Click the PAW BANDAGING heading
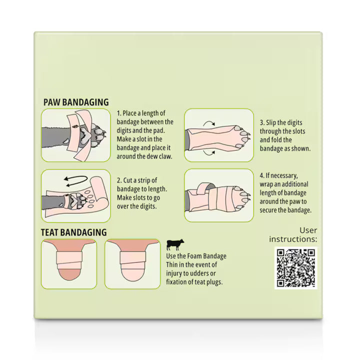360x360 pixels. coord(76,102)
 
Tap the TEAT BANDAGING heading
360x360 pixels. coord(73,232)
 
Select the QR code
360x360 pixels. coord(295,268)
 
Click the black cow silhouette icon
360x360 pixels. coord(175,244)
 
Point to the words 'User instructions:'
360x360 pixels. coord(293,234)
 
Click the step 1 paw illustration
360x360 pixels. coord(76,135)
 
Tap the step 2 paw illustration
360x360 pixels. coord(76,196)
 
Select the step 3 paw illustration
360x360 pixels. coord(219,135)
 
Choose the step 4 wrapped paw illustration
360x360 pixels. coord(219,195)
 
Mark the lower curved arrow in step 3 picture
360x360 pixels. coord(209,153)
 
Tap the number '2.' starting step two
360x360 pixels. coord(119,180)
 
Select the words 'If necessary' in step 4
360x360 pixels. coord(281,176)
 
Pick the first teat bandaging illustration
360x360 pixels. coord(69,264)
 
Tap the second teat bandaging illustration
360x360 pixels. coord(132,264)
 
